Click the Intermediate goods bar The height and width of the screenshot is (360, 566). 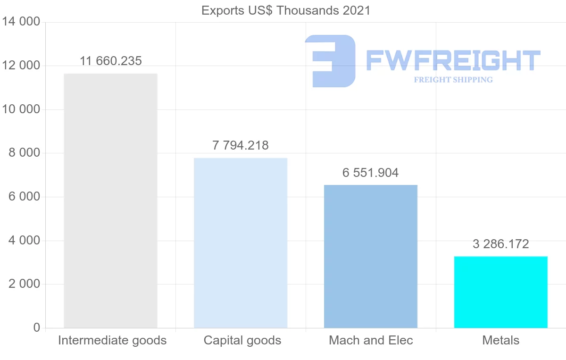tap(110, 201)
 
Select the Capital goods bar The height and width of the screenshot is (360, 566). tap(241, 243)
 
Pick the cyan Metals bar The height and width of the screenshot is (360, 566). tap(501, 292)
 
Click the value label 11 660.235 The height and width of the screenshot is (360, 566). tap(111, 61)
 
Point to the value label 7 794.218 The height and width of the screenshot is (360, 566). tap(241, 145)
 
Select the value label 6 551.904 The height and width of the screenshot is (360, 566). tap(371, 173)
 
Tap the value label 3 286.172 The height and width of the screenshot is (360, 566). tap(501, 244)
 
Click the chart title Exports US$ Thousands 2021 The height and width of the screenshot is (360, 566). tap(286, 10)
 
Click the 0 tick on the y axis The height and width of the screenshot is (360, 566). tap(37, 328)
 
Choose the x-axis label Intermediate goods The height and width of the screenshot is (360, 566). tap(112, 340)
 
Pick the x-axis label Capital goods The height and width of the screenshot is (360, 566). tap(242, 340)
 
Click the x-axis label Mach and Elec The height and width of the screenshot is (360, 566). tap(371, 340)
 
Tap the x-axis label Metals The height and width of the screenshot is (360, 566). tap(501, 340)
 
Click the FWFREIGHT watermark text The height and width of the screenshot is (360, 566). tap(453, 60)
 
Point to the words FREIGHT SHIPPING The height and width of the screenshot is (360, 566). tap(453, 80)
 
